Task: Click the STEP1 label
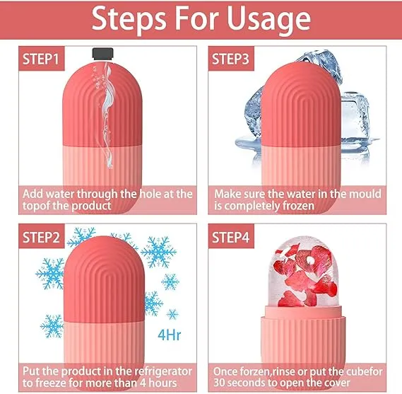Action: (42, 59)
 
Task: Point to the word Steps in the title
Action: (131, 21)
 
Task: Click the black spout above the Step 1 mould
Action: (104, 52)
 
